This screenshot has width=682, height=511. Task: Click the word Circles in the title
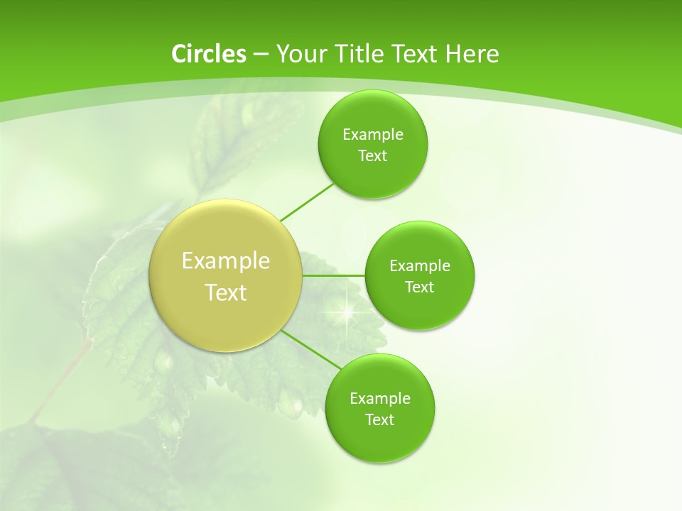209,54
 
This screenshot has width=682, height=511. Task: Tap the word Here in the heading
472,54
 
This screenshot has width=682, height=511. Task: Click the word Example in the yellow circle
226,261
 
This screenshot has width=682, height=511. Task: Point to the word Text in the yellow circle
226,292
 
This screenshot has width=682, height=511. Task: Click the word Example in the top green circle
373,135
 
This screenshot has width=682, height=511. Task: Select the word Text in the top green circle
373,156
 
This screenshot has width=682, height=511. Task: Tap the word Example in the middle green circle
420,266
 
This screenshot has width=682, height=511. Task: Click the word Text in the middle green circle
420,287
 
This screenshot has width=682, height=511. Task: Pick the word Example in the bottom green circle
380,399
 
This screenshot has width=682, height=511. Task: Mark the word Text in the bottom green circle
380,420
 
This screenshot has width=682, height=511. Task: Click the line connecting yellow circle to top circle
307,202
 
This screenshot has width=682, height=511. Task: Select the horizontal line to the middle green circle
333,275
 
